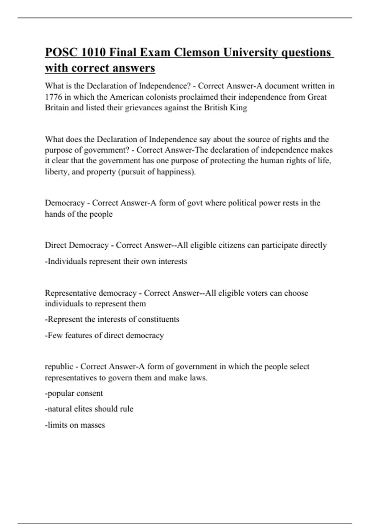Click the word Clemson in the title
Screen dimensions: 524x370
pyautogui.click(x=196, y=52)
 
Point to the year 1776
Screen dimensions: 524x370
pyautogui.click(x=53, y=97)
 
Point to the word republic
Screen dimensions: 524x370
pyautogui.click(x=59, y=367)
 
